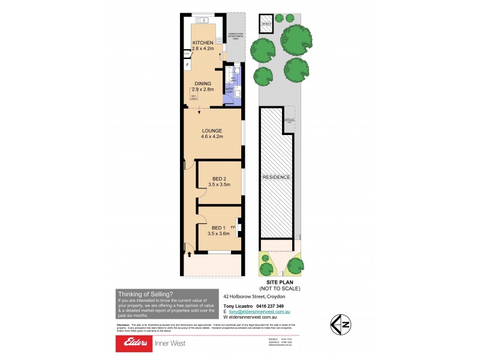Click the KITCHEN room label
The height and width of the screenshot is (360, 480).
[x=202, y=42]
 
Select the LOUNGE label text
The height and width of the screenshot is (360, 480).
[x=212, y=131]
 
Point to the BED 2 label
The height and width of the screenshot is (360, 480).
[x=220, y=178]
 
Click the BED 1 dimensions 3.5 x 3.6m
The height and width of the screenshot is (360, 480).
[x=220, y=233]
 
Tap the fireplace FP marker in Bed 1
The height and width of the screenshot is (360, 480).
[x=233, y=227]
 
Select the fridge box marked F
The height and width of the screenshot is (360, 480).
[x=187, y=64]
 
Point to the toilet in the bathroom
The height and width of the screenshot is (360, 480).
[x=238, y=71]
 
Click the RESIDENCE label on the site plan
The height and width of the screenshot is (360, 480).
[x=277, y=178]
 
